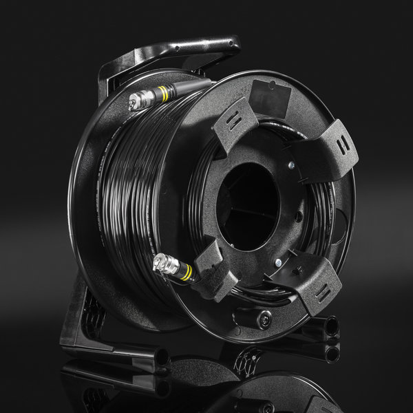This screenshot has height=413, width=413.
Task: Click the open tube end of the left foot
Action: click(x=164, y=357)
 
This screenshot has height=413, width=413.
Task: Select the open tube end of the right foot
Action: click(x=331, y=326)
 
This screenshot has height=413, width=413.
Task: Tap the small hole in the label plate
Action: click(x=273, y=85)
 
